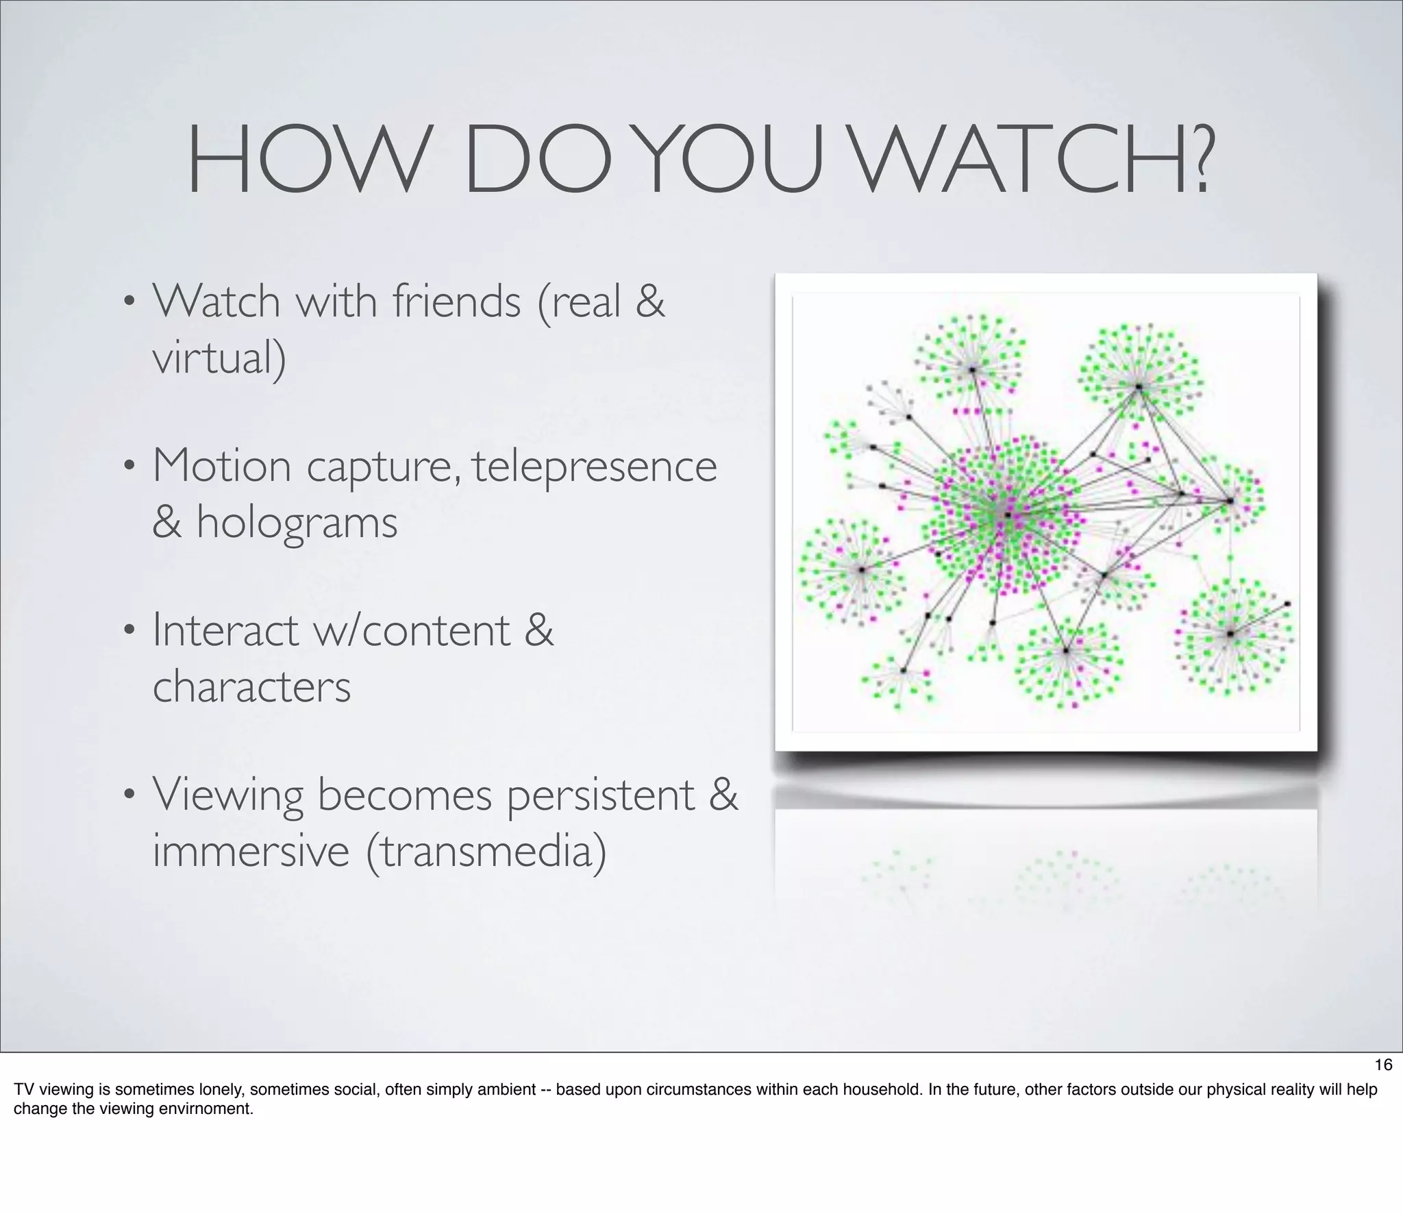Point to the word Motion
point(222,466)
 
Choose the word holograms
point(297,523)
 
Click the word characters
point(251,687)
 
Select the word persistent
point(601,795)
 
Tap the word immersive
point(251,852)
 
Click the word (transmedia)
point(486,853)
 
